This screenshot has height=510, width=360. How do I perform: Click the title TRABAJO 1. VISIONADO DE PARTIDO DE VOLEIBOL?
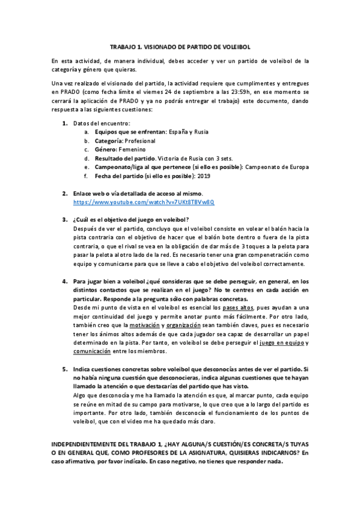[180, 46]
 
